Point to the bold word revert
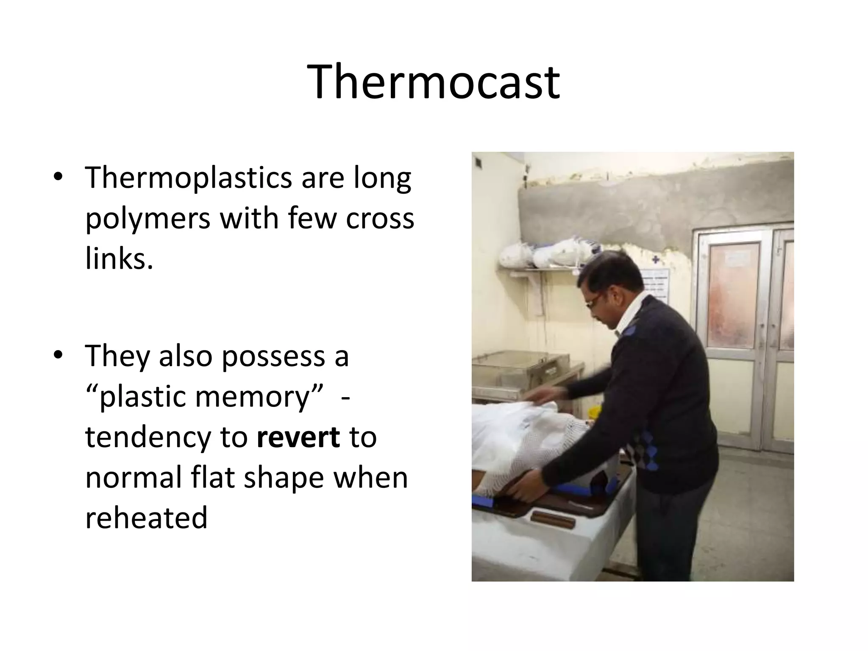point(298,437)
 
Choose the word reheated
point(146,517)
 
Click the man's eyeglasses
point(593,302)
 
